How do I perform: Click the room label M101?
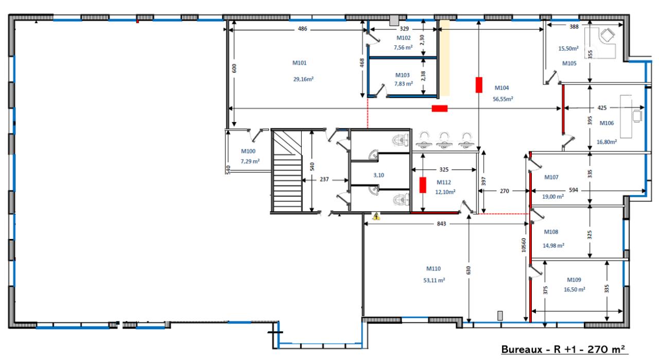pyautogui.click(x=299, y=63)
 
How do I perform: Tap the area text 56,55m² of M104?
pyautogui.click(x=503, y=99)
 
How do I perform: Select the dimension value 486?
pyautogui.click(x=302, y=28)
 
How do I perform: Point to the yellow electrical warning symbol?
pyautogui.click(x=376, y=216)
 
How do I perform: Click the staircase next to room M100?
pyautogui.click(x=287, y=170)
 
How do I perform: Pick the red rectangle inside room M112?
pyautogui.click(x=423, y=185)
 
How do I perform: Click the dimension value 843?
pyautogui.click(x=441, y=224)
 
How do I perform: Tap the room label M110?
pyautogui.click(x=433, y=268)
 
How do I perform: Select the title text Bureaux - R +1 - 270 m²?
pyautogui.click(x=563, y=349)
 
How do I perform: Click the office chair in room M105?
pyautogui.click(x=608, y=35)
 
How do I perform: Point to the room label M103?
pyautogui.click(x=402, y=75)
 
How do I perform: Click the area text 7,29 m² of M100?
pyautogui.click(x=250, y=161)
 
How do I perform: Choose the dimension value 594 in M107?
pyautogui.click(x=574, y=190)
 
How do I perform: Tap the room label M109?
pyautogui.click(x=574, y=280)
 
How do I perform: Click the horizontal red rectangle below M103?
pyautogui.click(x=440, y=109)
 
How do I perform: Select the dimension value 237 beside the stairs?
pyautogui.click(x=324, y=179)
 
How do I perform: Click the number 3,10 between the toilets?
pyautogui.click(x=378, y=175)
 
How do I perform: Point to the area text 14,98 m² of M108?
pyautogui.click(x=553, y=245)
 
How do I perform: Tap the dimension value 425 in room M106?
pyautogui.click(x=602, y=108)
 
